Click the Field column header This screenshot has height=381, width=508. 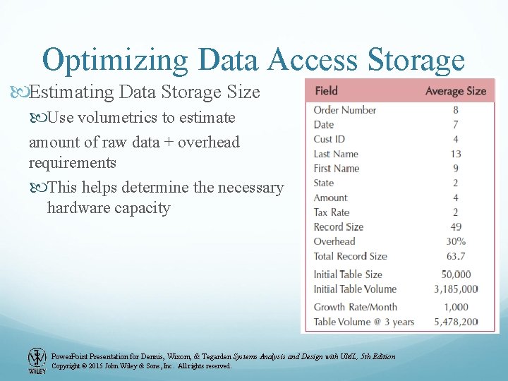[x=326, y=90]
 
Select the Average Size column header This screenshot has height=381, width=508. [x=455, y=91]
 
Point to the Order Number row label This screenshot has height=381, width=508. [x=344, y=110]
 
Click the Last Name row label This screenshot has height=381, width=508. [x=336, y=154]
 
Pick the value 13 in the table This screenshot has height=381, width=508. [x=455, y=154]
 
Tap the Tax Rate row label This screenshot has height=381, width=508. [x=332, y=212]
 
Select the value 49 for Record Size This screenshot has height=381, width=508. [x=455, y=227]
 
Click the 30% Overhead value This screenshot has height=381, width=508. [x=455, y=241]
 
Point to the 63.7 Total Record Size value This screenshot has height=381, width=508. [x=455, y=256]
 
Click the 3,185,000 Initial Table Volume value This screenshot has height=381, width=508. [x=455, y=289]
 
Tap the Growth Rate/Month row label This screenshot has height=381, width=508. [x=355, y=307]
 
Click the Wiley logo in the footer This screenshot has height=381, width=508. [x=37, y=360]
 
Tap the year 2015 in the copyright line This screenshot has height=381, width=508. [x=99, y=366]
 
